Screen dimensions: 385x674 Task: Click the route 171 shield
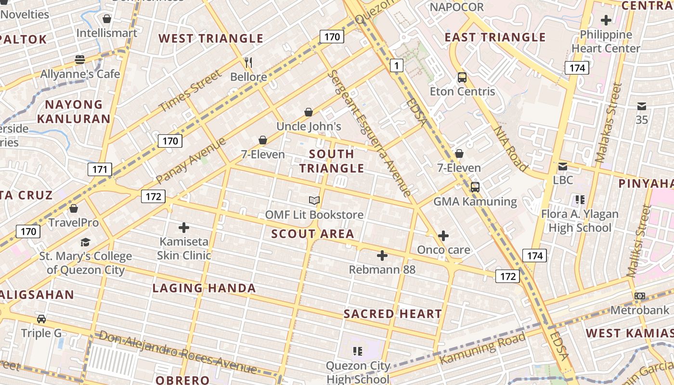100,169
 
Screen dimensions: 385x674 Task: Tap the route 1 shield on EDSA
396,65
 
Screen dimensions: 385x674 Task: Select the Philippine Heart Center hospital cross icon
606,20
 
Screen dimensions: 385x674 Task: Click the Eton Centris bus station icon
462,77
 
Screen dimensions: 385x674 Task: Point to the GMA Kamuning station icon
475,187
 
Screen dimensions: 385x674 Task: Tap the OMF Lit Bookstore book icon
314,200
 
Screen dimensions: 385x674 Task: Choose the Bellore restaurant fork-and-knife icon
248,63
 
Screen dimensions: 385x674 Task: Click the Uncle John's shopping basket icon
309,112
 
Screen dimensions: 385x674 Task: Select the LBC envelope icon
562,167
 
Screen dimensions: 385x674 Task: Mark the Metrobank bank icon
640,296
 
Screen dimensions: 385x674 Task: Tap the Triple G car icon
41,319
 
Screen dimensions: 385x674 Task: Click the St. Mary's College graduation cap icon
85,242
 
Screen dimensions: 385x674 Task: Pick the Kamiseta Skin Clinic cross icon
184,228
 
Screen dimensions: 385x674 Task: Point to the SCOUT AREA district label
312,234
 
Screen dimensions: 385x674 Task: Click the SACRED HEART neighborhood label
392,314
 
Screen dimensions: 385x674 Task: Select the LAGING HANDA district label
204,288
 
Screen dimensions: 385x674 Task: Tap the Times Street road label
190,91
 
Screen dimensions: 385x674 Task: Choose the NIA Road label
510,148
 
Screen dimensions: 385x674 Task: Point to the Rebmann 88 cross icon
382,256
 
